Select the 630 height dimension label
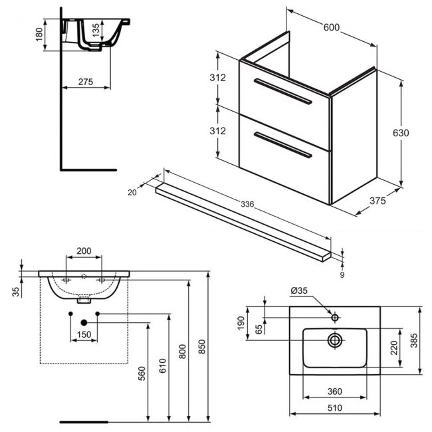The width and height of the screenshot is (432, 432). (x=400, y=132)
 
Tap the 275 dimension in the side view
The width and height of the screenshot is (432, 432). (x=85, y=82)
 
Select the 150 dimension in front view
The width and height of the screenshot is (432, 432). (x=84, y=334)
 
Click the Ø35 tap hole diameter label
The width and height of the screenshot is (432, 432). (x=300, y=290)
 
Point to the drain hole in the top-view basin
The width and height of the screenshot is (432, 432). (x=334, y=340)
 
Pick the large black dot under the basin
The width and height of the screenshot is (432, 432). (x=84, y=322)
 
